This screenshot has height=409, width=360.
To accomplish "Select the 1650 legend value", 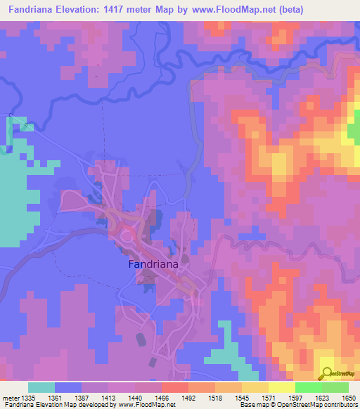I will click(x=349, y=398).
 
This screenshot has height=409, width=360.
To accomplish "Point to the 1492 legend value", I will click(x=189, y=398).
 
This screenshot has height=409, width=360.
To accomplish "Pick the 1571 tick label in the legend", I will click(x=269, y=398).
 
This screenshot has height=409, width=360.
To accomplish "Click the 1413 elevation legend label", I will click(x=109, y=398).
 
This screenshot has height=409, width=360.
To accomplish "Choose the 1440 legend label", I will click(x=136, y=398).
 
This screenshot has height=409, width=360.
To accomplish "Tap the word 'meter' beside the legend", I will click(x=11, y=398).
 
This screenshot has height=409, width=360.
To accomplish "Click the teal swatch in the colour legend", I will click(x=41, y=387).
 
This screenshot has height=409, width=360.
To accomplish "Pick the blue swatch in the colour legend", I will click(x=68, y=387).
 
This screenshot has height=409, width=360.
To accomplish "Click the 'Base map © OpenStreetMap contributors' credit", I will click(x=298, y=405).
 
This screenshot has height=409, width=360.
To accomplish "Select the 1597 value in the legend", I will click(x=296, y=398).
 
